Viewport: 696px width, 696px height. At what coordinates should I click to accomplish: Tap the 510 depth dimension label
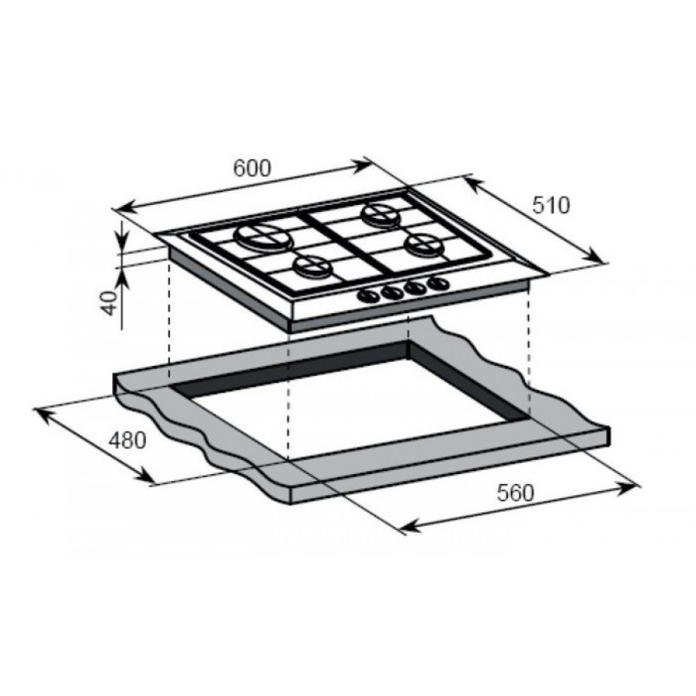[551, 205]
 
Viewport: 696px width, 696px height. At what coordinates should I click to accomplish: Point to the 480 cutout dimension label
[127, 441]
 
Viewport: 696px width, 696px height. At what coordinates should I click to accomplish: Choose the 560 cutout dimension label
[516, 493]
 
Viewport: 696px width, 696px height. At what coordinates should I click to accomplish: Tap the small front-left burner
[312, 268]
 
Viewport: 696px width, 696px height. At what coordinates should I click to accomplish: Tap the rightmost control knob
[438, 284]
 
